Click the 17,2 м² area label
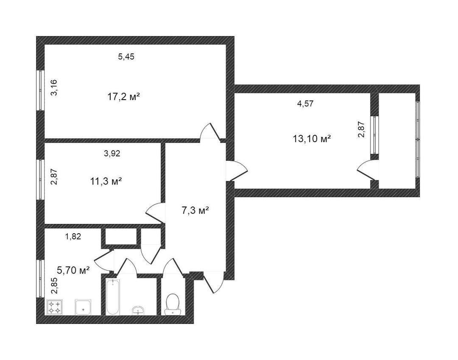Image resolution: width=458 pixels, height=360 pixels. pos(123,97)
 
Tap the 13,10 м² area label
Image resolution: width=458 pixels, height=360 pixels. pos(312,138)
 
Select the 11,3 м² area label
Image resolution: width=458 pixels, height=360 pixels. pos(106,181)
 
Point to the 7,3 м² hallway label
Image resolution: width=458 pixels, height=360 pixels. pos(195,210)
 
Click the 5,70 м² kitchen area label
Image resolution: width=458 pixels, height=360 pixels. pos(73,271)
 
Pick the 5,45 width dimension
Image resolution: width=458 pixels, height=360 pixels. pos(126,57)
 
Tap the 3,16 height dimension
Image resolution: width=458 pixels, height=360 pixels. pos(54,88)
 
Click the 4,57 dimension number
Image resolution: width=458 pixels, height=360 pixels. pos(305,103)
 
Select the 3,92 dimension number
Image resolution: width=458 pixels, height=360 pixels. pos(112,153)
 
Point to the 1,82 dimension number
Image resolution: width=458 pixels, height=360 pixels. pos(73,236)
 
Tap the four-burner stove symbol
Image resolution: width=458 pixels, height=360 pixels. pos(55,307)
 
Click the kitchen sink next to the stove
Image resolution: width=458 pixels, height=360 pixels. pos(83,307)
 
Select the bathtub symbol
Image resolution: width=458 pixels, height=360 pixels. pos(113,297)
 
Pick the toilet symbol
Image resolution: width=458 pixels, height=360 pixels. pos(172,304)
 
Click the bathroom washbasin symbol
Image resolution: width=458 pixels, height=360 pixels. pos(138,310)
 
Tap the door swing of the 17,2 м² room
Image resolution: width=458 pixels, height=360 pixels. pos(210,132)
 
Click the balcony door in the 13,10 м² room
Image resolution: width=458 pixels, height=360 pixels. pos(367,170)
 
